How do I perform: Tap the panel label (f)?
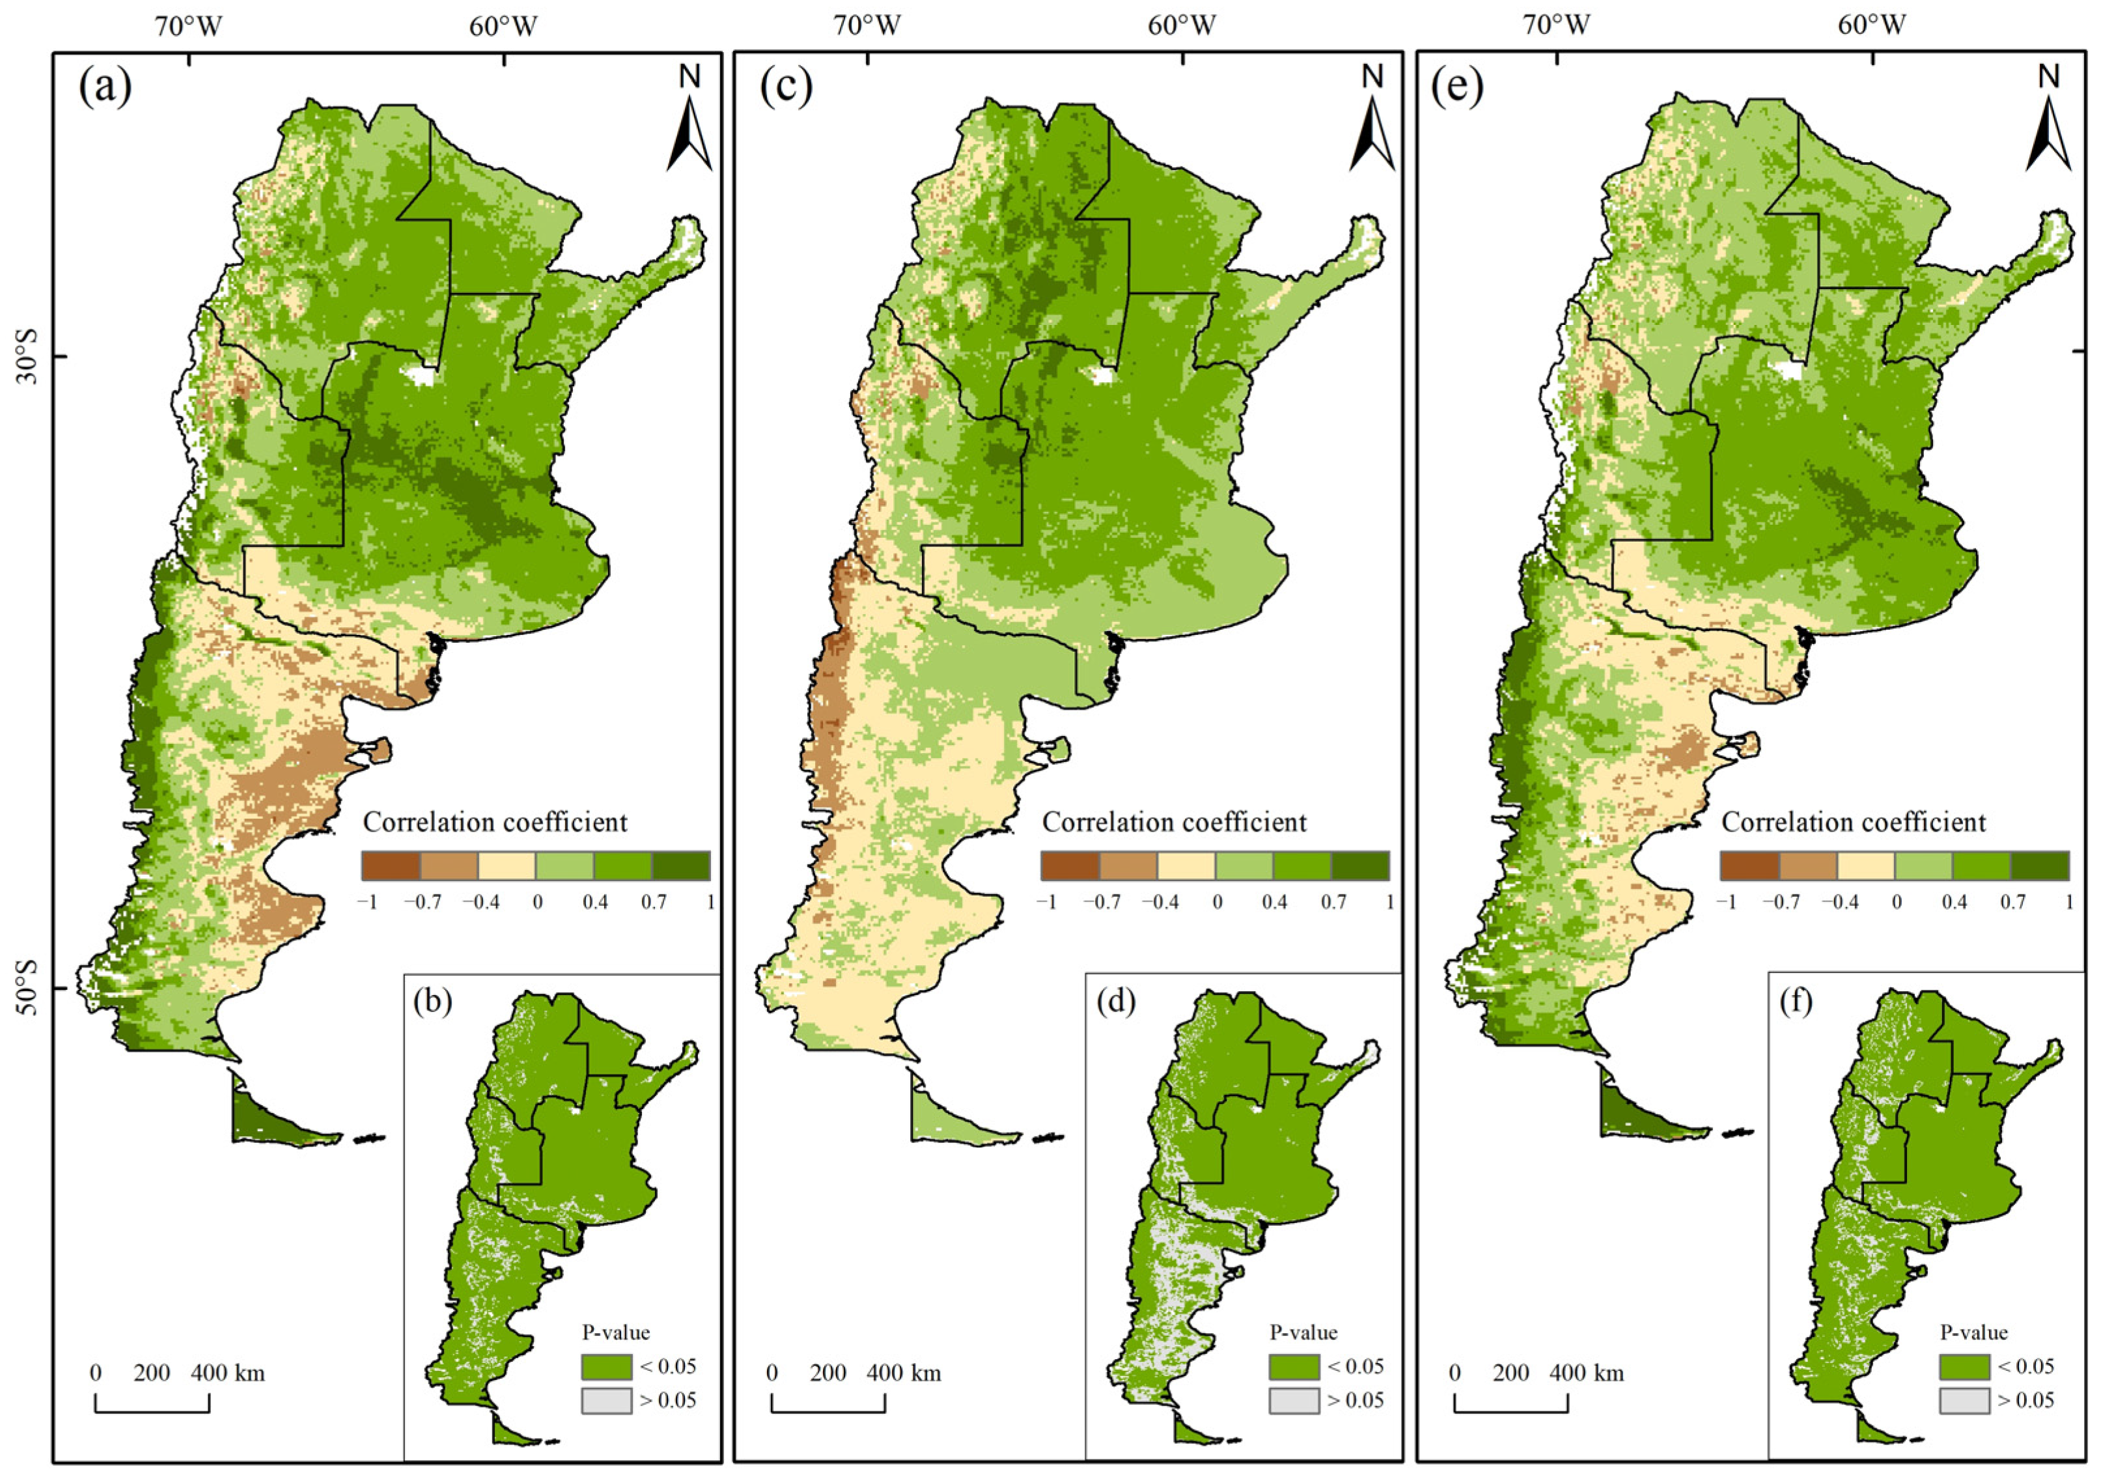tap(1796, 1002)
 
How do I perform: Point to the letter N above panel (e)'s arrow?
tap(2048, 77)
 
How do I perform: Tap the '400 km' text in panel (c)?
tap(902, 1373)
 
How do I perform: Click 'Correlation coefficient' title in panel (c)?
tap(1174, 822)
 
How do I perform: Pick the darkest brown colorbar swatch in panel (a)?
tap(391, 866)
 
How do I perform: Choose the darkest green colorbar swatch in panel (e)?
tap(2040, 866)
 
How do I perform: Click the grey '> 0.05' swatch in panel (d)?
tap(1294, 1400)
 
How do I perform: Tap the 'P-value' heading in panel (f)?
tap(1974, 1332)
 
